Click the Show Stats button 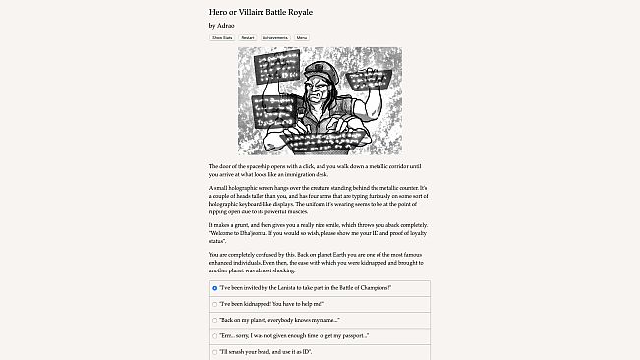(221, 37)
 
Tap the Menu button (316, 37)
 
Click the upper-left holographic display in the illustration (275, 68)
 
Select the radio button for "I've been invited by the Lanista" (215, 288)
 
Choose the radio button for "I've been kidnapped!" (215, 304)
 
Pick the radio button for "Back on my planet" (215, 320)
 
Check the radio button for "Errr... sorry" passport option (215, 335)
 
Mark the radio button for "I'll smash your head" (215, 351)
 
